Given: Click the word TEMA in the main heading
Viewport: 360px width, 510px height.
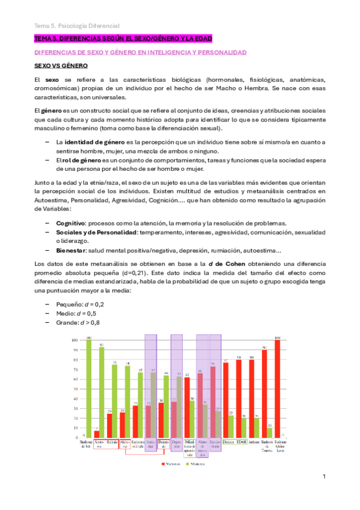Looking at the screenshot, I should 43,39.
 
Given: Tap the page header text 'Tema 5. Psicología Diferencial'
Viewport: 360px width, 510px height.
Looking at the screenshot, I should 76,25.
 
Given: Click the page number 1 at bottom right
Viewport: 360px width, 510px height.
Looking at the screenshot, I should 323,476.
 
